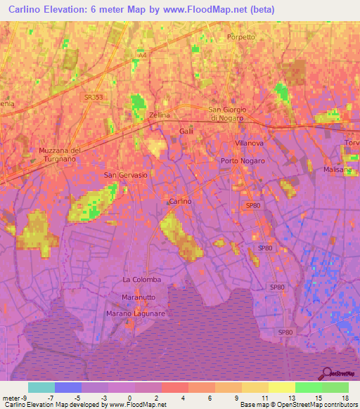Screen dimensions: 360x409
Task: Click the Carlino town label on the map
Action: pos(180,202)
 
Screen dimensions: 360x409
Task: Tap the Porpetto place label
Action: pos(240,37)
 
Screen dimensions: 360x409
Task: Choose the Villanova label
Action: pos(248,143)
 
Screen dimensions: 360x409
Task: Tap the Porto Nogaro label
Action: pos(243,161)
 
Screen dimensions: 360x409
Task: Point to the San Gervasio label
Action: pos(126,175)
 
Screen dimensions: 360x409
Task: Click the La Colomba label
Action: pos(142,280)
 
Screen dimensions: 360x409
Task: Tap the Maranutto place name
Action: pos(139,297)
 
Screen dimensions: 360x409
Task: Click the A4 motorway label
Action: pos(143,55)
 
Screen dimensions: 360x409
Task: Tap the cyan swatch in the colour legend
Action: pos(41,387)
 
